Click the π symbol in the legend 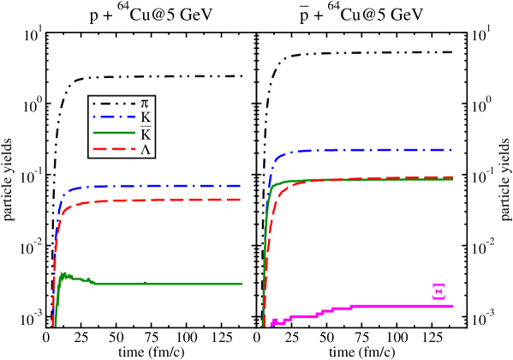point(144,104)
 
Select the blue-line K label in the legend point(145,118)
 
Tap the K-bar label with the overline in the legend point(145,134)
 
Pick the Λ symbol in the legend point(145,149)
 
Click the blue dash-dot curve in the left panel point(154,186)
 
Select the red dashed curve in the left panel point(154,201)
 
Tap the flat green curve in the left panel point(171,284)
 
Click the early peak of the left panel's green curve point(63,275)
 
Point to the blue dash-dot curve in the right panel point(368,150)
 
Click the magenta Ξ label point(438,291)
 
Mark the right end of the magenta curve point(451,306)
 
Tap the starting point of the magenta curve point(271,324)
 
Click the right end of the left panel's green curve point(242,284)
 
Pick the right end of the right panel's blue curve point(450,150)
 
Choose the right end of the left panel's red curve point(241,200)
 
